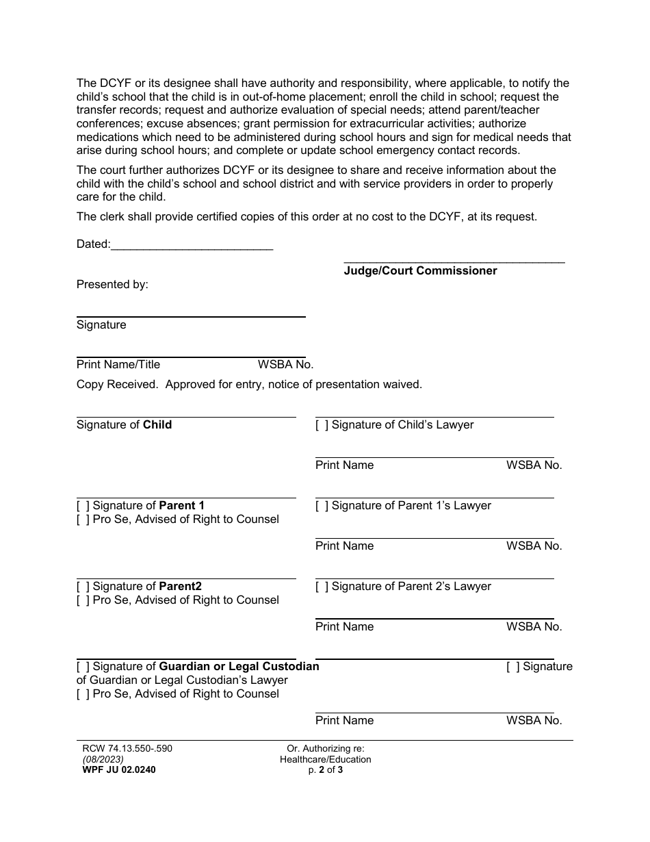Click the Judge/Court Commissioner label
420,270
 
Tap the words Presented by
112,284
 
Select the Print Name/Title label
118,365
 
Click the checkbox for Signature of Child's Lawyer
322,425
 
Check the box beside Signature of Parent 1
83,506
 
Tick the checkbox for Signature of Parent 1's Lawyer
322,506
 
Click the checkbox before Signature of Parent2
83,587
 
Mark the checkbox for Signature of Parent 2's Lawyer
322,587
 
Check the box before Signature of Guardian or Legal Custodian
83,667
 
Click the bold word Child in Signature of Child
157,425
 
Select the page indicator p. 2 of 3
326,769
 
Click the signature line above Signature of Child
186,417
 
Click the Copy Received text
117,385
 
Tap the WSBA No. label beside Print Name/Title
285,365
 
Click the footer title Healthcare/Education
326,759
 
